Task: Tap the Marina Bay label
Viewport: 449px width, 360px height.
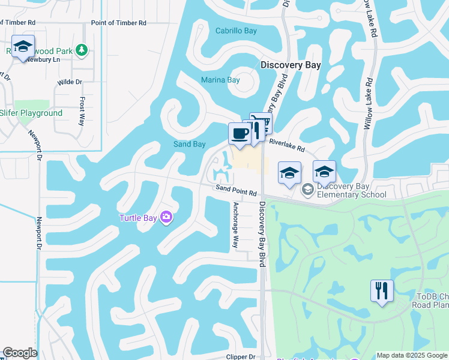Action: click(220, 80)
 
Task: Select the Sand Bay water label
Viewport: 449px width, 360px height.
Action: click(189, 144)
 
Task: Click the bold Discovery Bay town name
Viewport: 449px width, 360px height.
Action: click(291, 65)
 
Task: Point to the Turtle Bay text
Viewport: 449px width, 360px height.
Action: click(137, 218)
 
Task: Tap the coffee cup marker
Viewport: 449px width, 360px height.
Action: click(240, 134)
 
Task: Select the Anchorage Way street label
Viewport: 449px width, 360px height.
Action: click(236, 225)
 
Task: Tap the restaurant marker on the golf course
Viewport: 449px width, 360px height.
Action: click(382, 291)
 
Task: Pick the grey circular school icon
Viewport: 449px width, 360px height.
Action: click(308, 190)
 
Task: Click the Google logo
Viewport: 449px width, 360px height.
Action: click(20, 353)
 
